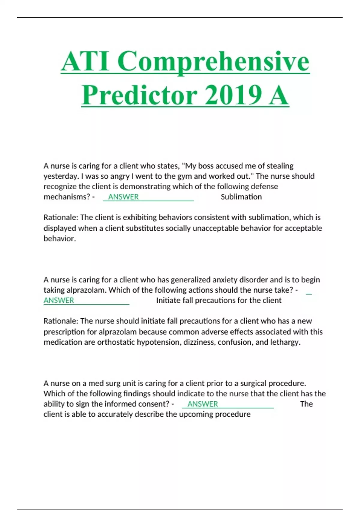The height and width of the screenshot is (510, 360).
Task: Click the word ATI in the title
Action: (x=85, y=61)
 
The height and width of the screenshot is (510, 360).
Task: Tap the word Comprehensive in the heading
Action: (x=213, y=61)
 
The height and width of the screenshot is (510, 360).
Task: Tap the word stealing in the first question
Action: (x=280, y=166)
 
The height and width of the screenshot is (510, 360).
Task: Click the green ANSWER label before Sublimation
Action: (x=123, y=197)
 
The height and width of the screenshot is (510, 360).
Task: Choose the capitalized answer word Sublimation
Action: (x=241, y=197)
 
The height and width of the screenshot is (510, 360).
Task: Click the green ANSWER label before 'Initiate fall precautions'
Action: (x=59, y=301)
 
